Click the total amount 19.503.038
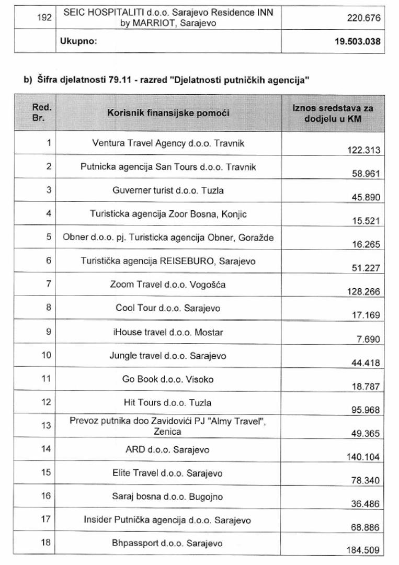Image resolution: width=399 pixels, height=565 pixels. pyautogui.click(x=358, y=41)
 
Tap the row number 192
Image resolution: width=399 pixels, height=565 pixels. pyautogui.click(x=44, y=18)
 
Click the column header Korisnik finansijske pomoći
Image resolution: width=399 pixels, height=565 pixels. pyautogui.click(x=168, y=112)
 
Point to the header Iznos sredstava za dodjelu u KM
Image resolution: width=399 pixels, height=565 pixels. pyautogui.click(x=333, y=113)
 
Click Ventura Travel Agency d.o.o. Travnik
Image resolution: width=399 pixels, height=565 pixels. pyautogui.click(x=168, y=143)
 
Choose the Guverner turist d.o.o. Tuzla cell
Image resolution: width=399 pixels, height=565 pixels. pyautogui.click(x=168, y=190)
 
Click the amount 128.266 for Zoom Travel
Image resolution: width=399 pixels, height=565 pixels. pyautogui.click(x=363, y=291)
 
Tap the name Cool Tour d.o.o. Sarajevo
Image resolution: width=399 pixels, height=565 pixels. pyautogui.click(x=168, y=308)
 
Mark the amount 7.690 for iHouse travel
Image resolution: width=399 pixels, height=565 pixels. pyautogui.click(x=368, y=339)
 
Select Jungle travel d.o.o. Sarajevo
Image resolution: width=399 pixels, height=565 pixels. pyautogui.click(x=168, y=356)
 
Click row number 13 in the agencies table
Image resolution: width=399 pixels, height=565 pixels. pyautogui.click(x=47, y=425)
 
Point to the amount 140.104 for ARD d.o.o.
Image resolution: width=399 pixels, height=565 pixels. pyautogui.click(x=363, y=457)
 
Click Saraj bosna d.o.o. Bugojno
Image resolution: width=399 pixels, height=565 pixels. pyautogui.click(x=168, y=496)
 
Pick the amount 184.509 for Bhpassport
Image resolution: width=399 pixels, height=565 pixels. pyautogui.click(x=363, y=550)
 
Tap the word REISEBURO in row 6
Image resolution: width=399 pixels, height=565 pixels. pyautogui.click(x=191, y=261)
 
